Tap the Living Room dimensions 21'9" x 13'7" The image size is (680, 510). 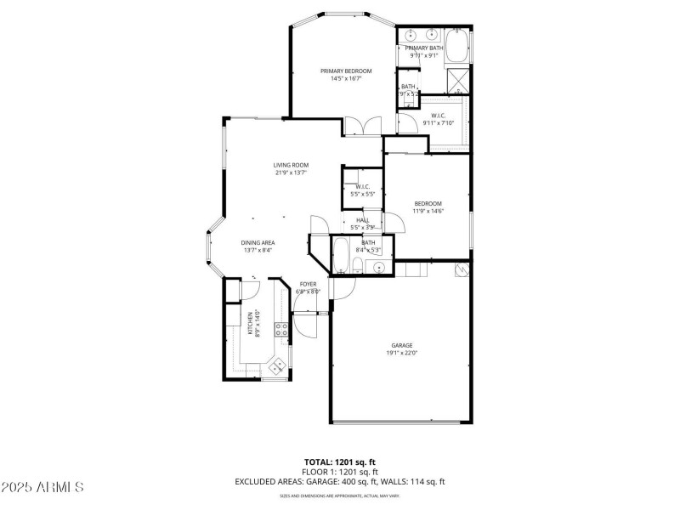(x=290, y=173)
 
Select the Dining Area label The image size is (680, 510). (x=257, y=242)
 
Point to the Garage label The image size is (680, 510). (x=402, y=345)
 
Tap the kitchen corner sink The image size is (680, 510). (x=277, y=365)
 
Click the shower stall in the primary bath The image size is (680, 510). (x=459, y=81)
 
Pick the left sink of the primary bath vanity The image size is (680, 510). (x=411, y=36)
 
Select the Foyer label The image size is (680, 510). (x=308, y=284)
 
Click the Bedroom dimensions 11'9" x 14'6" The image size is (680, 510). (x=428, y=211)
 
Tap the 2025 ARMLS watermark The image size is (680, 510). (x=42, y=487)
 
